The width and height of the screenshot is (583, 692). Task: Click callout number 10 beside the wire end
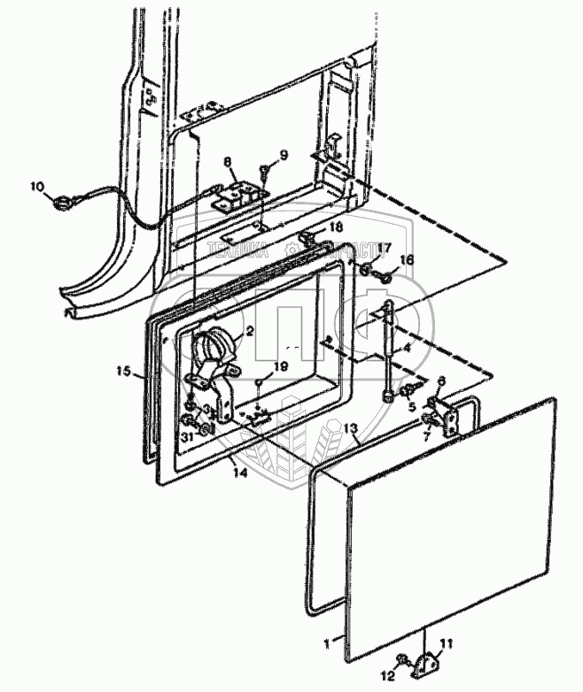pos(35,186)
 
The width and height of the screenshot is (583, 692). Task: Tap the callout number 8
pos(227,162)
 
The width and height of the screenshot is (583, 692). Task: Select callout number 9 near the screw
pos(283,156)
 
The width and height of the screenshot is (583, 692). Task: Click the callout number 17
pos(385,248)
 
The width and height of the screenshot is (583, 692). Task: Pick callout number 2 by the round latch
pos(252,332)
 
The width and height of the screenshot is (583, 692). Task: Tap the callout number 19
pos(282,365)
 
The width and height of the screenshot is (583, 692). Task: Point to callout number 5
pos(410,406)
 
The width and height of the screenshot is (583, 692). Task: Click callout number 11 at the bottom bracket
pos(447,644)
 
